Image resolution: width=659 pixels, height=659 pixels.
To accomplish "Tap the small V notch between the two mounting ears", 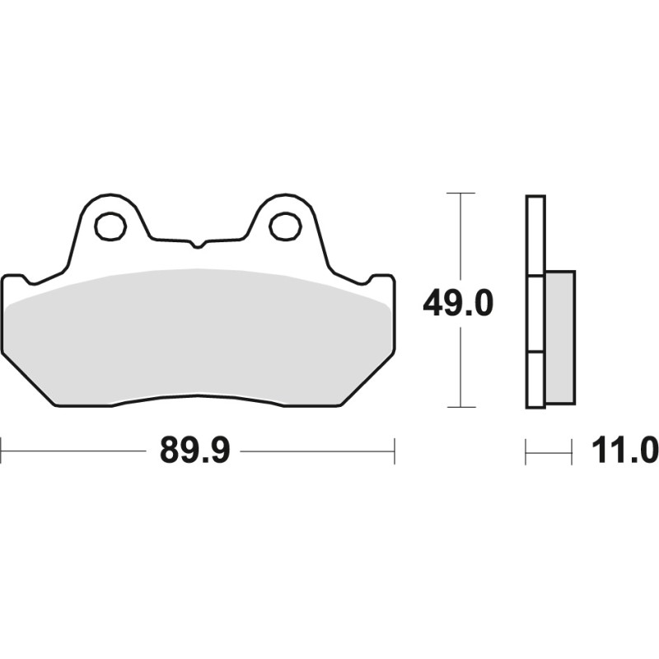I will (196, 244).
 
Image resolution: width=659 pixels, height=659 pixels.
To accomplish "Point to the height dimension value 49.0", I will (457, 304).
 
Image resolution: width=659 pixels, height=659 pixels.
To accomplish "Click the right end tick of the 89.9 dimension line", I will (395, 451).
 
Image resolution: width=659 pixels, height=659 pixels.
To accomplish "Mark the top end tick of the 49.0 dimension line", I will (460, 194).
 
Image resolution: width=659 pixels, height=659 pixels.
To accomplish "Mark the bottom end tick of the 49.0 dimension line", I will (460, 407).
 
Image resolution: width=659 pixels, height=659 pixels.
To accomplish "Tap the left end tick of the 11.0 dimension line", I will (526, 451).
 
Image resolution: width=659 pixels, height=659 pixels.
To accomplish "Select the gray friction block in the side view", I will (559, 338).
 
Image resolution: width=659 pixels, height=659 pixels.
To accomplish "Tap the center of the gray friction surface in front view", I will (198, 338).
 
